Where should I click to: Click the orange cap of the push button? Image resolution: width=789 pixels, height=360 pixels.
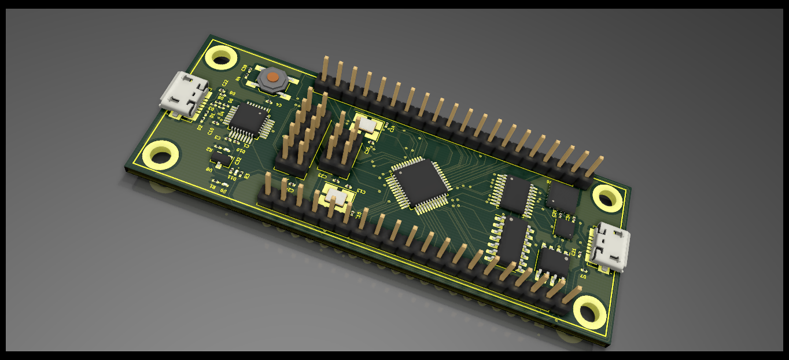272,76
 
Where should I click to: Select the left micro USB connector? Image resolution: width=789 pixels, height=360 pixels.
185,94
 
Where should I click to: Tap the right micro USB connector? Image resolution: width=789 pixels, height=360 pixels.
609,247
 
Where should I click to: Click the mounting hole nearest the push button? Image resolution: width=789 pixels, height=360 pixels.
222,57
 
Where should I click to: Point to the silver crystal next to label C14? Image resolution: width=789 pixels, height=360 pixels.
365,124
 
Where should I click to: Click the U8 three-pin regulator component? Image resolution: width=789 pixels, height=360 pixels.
220,157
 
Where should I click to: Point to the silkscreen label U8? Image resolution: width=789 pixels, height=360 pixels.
208,168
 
